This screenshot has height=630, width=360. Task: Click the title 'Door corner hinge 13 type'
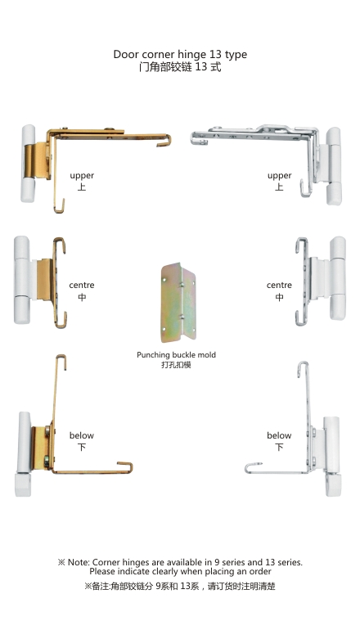[180, 54]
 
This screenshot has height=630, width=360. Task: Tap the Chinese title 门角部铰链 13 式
[180, 67]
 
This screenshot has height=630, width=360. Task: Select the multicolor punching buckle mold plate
[179, 303]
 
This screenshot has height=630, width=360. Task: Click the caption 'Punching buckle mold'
[176, 355]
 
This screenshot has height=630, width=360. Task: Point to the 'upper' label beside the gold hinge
[82, 176]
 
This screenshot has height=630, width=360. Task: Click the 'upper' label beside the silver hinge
[279, 176]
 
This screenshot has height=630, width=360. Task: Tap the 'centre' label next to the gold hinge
[82, 286]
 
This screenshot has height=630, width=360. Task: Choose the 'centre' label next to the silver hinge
[279, 286]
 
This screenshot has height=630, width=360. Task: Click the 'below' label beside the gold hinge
[82, 435]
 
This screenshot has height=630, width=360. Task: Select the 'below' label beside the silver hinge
[279, 435]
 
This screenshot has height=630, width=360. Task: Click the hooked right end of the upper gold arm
[165, 140]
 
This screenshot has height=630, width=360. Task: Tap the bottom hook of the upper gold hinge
[60, 205]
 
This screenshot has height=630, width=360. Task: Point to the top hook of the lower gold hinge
[61, 362]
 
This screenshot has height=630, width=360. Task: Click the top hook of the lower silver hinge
[303, 369]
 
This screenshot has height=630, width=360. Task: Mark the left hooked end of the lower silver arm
[253, 467]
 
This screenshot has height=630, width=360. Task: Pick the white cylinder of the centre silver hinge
[337, 278]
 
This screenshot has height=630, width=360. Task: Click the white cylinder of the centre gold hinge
[22, 280]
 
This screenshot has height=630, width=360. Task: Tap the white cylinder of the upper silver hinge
[334, 166]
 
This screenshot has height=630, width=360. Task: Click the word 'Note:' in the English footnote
[79, 562]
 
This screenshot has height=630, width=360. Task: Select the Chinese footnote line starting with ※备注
[180, 586]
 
